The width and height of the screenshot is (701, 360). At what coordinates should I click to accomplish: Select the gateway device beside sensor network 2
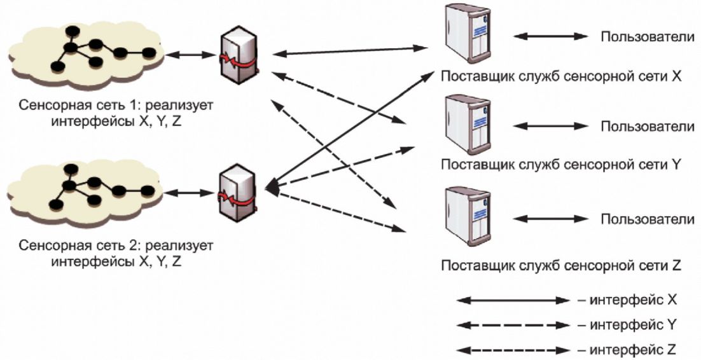(x=239, y=192)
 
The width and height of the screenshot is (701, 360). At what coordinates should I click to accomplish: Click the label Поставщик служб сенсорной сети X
(x=561, y=76)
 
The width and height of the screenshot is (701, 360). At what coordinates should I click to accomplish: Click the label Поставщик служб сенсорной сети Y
(x=561, y=165)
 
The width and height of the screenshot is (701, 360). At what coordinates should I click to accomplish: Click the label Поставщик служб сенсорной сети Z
(x=561, y=266)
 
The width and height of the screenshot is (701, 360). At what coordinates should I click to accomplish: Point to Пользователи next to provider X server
(x=648, y=37)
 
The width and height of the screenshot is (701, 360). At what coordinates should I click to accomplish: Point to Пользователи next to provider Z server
(x=648, y=219)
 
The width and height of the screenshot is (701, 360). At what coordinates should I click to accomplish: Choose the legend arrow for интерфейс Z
(x=513, y=350)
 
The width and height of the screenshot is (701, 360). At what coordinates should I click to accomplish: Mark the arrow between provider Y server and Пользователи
(x=550, y=126)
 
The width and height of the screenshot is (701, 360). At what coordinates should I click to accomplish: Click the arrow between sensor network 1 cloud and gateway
(x=191, y=55)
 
